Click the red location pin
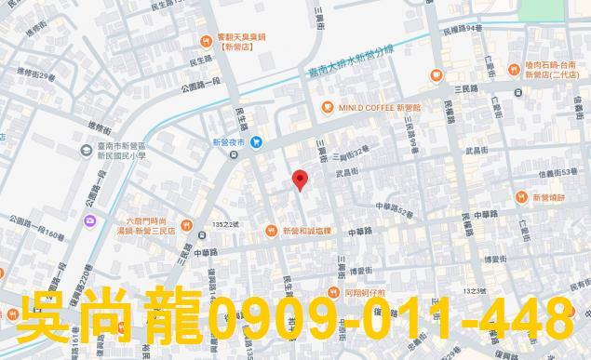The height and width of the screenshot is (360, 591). [299, 180]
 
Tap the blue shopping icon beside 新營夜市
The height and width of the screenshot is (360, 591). [258, 141]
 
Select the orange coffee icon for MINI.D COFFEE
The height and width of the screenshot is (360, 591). [328, 107]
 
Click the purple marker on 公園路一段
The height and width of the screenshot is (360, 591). [89, 220]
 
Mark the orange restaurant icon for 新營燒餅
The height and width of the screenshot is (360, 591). [522, 197]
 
